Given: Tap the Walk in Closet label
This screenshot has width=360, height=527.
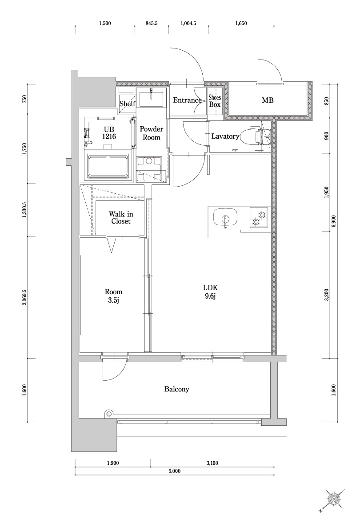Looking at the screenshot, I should coord(121,217).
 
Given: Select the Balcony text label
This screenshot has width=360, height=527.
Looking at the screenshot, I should coord(177,389).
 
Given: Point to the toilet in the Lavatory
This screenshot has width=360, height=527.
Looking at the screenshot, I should coord(257,136).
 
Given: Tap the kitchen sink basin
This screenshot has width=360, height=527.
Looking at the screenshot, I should coord(225,219).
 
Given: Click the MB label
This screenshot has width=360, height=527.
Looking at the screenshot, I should coord(268,100).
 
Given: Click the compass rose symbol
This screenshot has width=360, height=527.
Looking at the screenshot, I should coord(333,500).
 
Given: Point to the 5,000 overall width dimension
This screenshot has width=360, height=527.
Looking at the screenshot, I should coord(174,471).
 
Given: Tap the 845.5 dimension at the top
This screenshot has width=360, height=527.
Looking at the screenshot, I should coord(152,24).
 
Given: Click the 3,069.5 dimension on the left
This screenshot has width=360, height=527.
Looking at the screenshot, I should coord(25,297).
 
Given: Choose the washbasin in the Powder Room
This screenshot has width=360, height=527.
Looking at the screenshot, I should coord(151,97).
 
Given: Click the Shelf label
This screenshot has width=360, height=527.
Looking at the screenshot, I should coord(128,104).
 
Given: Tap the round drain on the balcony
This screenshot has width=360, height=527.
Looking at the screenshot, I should coord(108,414).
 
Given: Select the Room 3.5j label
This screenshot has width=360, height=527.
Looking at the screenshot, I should coord(113,295).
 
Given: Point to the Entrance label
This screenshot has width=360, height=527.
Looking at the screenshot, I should coord(187,100).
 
